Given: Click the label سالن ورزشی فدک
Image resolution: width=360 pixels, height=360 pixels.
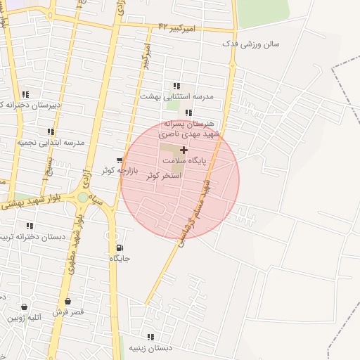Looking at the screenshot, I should click(x=251, y=44).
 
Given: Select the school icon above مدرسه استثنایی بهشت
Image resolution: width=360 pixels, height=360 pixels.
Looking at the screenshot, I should click(x=176, y=86).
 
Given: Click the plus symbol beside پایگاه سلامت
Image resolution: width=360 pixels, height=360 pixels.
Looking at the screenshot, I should click(x=184, y=150).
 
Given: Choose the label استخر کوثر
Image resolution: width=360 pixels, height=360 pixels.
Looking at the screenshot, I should click(x=163, y=176).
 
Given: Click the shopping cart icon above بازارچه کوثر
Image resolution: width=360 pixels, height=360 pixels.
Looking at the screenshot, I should click(x=120, y=161).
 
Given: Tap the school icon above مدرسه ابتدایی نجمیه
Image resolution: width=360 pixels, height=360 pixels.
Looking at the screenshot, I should click(x=51, y=131).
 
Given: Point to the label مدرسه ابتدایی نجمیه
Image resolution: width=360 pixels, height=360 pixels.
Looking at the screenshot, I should click(x=51, y=142).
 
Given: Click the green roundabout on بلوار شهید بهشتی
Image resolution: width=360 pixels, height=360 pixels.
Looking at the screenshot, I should click(x=83, y=198).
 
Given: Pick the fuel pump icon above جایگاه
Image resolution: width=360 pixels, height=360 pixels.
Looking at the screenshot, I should click(x=119, y=247).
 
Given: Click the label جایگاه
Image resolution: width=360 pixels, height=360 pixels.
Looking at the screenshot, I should click(x=120, y=258).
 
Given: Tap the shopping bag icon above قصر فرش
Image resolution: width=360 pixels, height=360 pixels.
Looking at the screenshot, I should click(x=67, y=301).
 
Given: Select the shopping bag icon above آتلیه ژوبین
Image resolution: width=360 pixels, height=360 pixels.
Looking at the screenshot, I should click(x=25, y=307).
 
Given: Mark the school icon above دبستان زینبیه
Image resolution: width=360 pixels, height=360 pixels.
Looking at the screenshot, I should click(x=150, y=337).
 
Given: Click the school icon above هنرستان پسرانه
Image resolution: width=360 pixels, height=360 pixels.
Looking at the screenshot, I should click(x=188, y=112).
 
